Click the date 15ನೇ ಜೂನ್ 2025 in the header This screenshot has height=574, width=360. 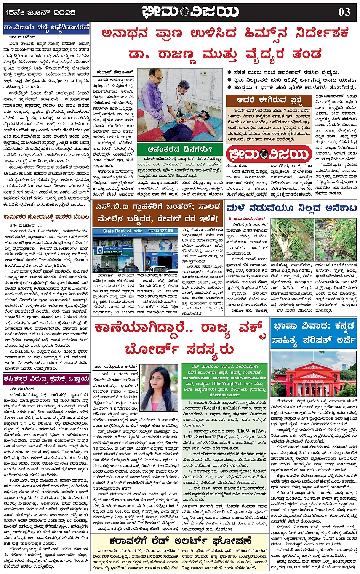coord(41,12)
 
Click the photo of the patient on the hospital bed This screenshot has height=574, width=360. coord(181,105)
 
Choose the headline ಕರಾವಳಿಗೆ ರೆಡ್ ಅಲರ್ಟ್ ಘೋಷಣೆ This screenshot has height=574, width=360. coord(180,541)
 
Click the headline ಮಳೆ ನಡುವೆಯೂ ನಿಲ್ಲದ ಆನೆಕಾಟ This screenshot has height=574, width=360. coord(291,208)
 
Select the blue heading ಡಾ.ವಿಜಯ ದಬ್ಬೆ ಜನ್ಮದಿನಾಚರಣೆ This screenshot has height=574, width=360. coord(46,27)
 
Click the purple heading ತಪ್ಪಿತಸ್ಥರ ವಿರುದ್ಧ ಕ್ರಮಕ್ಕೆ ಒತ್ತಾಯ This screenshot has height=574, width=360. coord(46,379)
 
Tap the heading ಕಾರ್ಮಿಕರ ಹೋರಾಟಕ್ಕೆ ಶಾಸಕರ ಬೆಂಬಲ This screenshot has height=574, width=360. coord(46,218)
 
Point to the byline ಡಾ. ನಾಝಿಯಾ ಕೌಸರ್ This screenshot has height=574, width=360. coord(114,367)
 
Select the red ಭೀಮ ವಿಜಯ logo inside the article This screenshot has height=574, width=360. coord(269,154)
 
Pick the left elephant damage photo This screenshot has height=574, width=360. coord(291,240)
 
